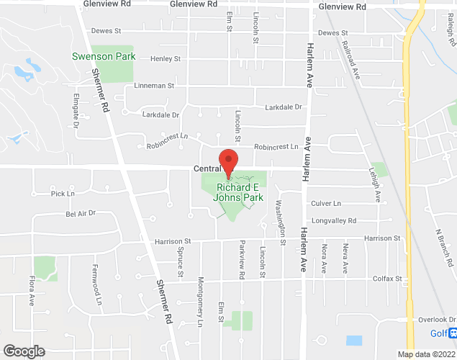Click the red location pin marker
[228, 163]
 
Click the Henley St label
[165, 59]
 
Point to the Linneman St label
[154, 85]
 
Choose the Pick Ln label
[63, 194]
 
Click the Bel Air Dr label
[81, 214]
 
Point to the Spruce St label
[180, 263]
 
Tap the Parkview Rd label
[242, 261]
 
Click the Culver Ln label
[325, 204]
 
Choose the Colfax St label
[386, 279]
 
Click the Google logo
[23, 351]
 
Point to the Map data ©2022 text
[425, 354]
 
